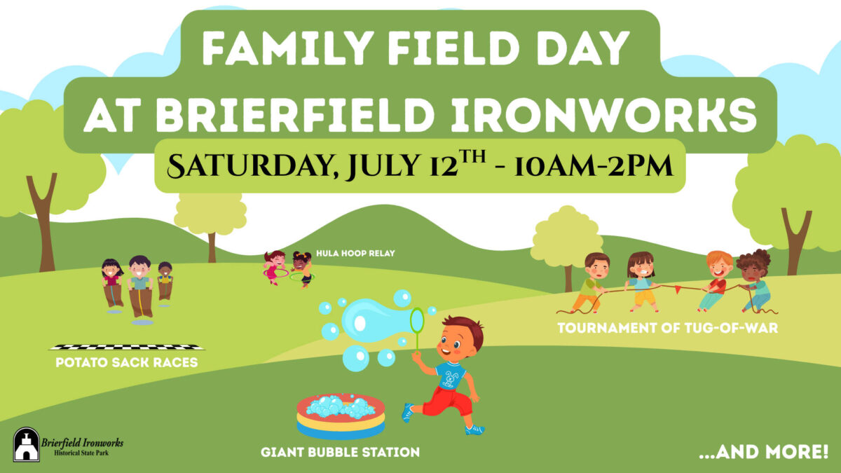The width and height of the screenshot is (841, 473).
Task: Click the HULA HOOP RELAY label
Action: pos(355,253)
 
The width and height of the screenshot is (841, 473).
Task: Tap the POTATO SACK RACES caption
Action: pos(126,363)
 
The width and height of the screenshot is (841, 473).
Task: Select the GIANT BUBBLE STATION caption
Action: pos(340,453)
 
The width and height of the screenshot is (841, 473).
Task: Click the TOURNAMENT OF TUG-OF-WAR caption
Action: pos(667,328)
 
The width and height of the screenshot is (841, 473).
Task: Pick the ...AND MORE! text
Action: pos(763,452)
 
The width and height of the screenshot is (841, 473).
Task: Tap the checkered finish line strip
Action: pos(127,347)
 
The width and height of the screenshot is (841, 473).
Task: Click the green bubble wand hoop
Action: pos(417,320)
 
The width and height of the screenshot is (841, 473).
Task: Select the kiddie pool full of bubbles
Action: pos(341,415)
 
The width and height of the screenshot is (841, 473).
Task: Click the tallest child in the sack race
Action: pos(140,287)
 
